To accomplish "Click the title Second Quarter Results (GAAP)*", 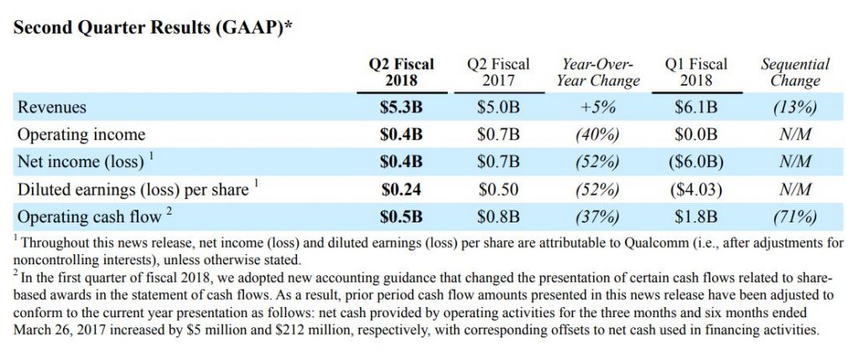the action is coord(152,28).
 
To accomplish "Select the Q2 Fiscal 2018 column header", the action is coord(402,72).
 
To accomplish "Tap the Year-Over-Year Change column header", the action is coord(598,72).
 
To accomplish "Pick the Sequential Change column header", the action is coord(795,72).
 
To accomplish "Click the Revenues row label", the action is coord(52,107).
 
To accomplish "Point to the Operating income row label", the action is coord(81,135).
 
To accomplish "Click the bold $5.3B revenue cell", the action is coord(402,107).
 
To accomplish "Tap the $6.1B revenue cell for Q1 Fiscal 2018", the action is coord(696,107).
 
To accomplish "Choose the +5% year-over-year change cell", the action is coord(598,107).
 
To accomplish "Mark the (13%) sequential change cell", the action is coord(795,107).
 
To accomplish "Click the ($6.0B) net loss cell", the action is coord(696,162).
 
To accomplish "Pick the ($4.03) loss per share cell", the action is coord(696,190).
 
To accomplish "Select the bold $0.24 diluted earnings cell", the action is coord(402,190).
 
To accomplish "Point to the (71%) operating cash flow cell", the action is coord(795,217).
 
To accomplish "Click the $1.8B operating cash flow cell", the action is coord(696,217).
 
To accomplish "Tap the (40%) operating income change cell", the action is coord(598,135).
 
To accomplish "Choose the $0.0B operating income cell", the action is coord(696,135).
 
